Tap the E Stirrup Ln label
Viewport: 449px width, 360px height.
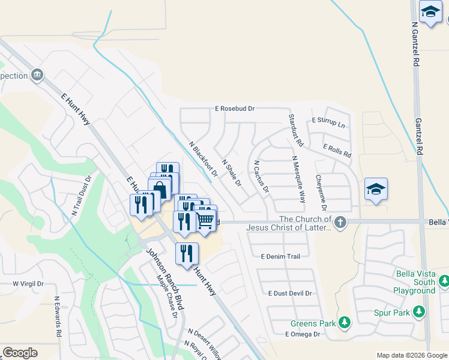pos(328,122)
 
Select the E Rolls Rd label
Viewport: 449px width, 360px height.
pos(336,150)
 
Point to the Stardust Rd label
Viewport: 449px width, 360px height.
pos(296,130)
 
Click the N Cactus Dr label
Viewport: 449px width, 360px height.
pos(261,177)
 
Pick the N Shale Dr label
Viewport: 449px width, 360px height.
pos(231,173)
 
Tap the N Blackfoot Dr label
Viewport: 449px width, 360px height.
pos(202,160)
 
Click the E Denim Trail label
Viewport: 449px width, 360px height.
pos(280,257)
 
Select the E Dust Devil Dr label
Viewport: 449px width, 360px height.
pos(291,293)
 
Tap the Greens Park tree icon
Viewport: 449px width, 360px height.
pos(345,323)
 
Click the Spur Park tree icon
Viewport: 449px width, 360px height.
pos(419,312)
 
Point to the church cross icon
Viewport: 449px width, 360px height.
pos(340,223)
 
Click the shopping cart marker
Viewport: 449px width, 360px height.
pos(205,220)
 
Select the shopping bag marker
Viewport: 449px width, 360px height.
pos(160,190)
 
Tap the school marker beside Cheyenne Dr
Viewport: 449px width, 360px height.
pos(376,190)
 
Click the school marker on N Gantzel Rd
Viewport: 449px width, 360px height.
pos(430,12)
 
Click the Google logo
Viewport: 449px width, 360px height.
pos(20,353)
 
